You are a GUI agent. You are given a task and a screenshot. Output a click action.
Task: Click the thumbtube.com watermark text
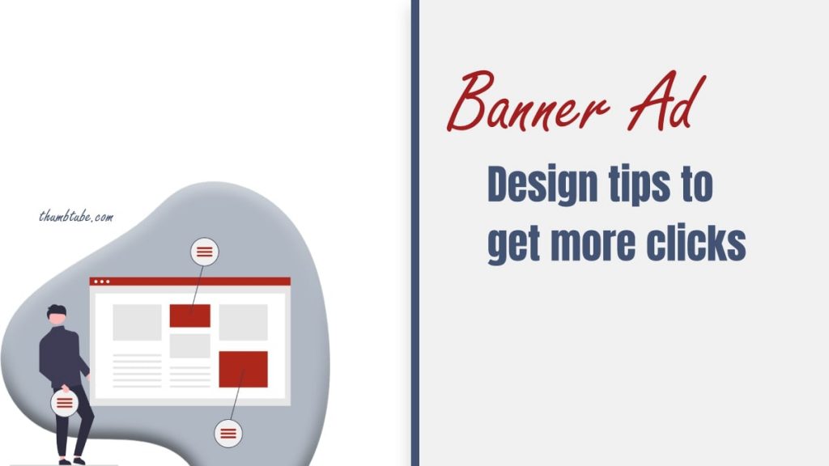pyautogui.click(x=76, y=217)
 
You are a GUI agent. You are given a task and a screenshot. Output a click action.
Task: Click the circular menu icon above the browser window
pyautogui.click(x=205, y=252)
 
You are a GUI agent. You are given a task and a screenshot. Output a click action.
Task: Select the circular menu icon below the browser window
pyautogui.click(x=228, y=434)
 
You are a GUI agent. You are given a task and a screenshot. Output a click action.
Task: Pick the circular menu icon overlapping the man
pyautogui.click(x=65, y=402)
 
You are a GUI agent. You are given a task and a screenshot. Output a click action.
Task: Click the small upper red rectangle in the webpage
pyautogui.click(x=190, y=316)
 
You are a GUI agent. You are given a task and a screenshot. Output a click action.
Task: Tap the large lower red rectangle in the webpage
pyautogui.click(x=243, y=369)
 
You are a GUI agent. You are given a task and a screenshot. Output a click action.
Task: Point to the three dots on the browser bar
pyautogui.click(x=101, y=282)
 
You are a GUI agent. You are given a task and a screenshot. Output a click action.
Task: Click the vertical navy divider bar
pyautogui.click(x=415, y=233)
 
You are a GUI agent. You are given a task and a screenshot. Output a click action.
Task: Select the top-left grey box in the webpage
pyautogui.click(x=137, y=322)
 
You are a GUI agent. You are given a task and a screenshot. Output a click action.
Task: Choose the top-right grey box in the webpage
pyautogui.click(x=243, y=322)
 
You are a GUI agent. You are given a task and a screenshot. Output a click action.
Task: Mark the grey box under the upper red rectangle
pyautogui.click(x=190, y=345)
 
